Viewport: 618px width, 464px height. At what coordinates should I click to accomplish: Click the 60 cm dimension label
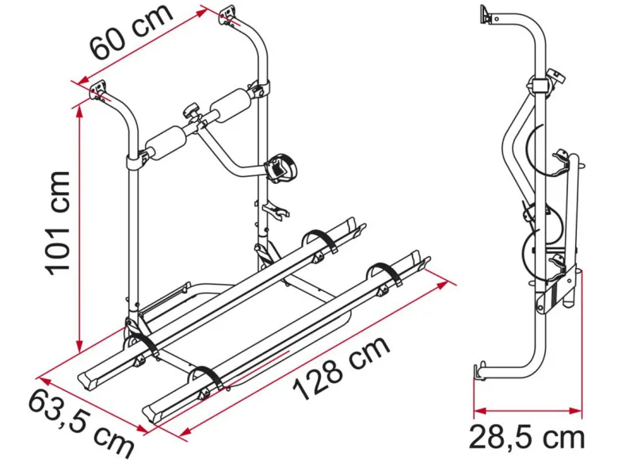pyautogui.click(x=131, y=33)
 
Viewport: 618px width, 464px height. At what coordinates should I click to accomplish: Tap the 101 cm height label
pyautogui.click(x=57, y=223)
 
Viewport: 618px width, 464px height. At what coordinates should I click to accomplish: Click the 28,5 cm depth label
pyautogui.click(x=527, y=437)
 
